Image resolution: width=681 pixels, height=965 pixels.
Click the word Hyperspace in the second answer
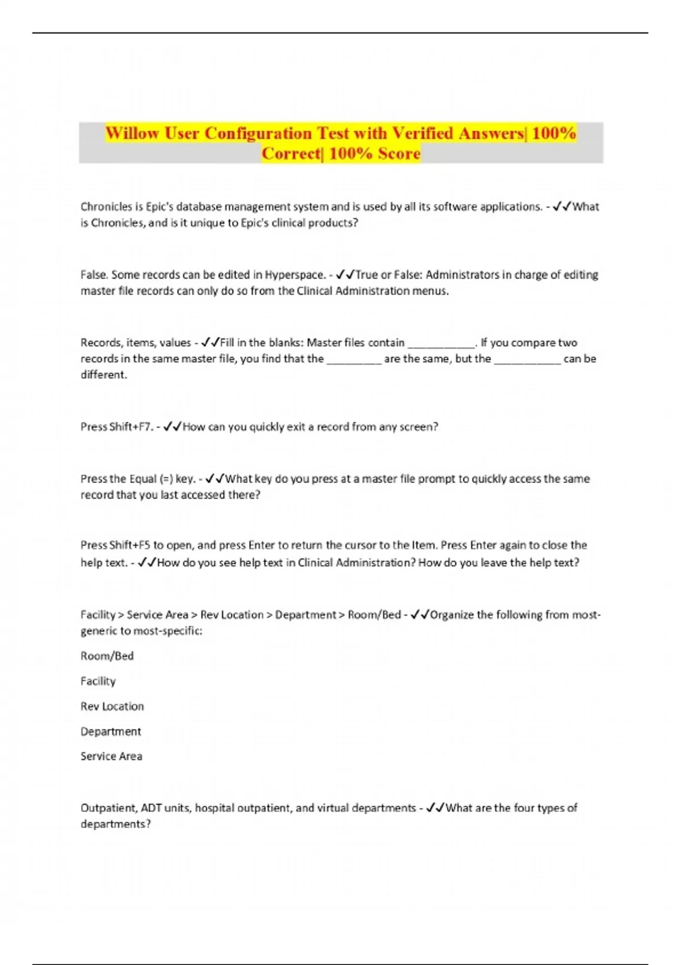[x=295, y=275]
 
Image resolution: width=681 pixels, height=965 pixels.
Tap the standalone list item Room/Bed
[x=107, y=656]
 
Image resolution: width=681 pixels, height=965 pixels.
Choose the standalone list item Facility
[x=98, y=681]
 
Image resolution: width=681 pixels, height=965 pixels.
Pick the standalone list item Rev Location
[x=112, y=706]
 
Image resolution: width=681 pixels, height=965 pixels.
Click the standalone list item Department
[x=111, y=732]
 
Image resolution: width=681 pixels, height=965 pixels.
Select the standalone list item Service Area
[x=111, y=756]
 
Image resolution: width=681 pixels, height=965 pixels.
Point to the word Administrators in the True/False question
[x=460, y=275]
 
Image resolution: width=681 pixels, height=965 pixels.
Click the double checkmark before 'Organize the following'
[x=420, y=615]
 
